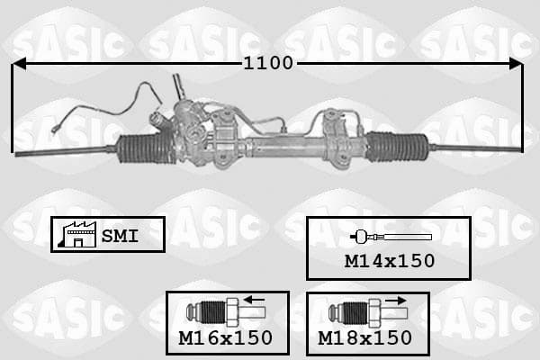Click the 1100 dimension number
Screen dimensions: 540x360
point(268,63)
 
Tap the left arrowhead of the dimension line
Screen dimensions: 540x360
point(19,64)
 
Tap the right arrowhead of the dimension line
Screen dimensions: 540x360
point(517,64)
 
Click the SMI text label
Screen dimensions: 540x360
point(120,236)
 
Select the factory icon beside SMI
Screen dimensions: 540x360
point(77,234)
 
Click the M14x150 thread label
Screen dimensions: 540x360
point(390,261)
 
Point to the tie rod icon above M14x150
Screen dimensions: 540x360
point(391,237)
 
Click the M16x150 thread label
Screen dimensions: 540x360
point(226,338)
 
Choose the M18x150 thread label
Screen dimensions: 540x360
point(365,338)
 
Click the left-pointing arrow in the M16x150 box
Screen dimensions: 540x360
point(254,300)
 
